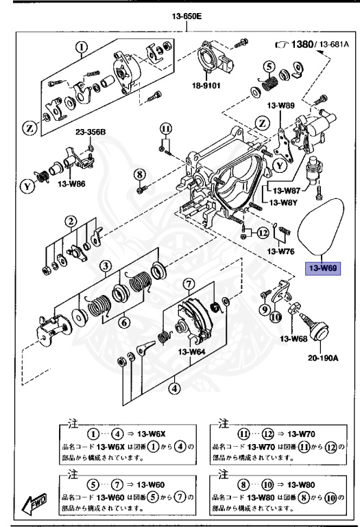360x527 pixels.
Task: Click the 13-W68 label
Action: tap(293, 339)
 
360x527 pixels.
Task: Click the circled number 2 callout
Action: tap(71, 221)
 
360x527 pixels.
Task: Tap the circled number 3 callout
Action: tap(104, 266)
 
